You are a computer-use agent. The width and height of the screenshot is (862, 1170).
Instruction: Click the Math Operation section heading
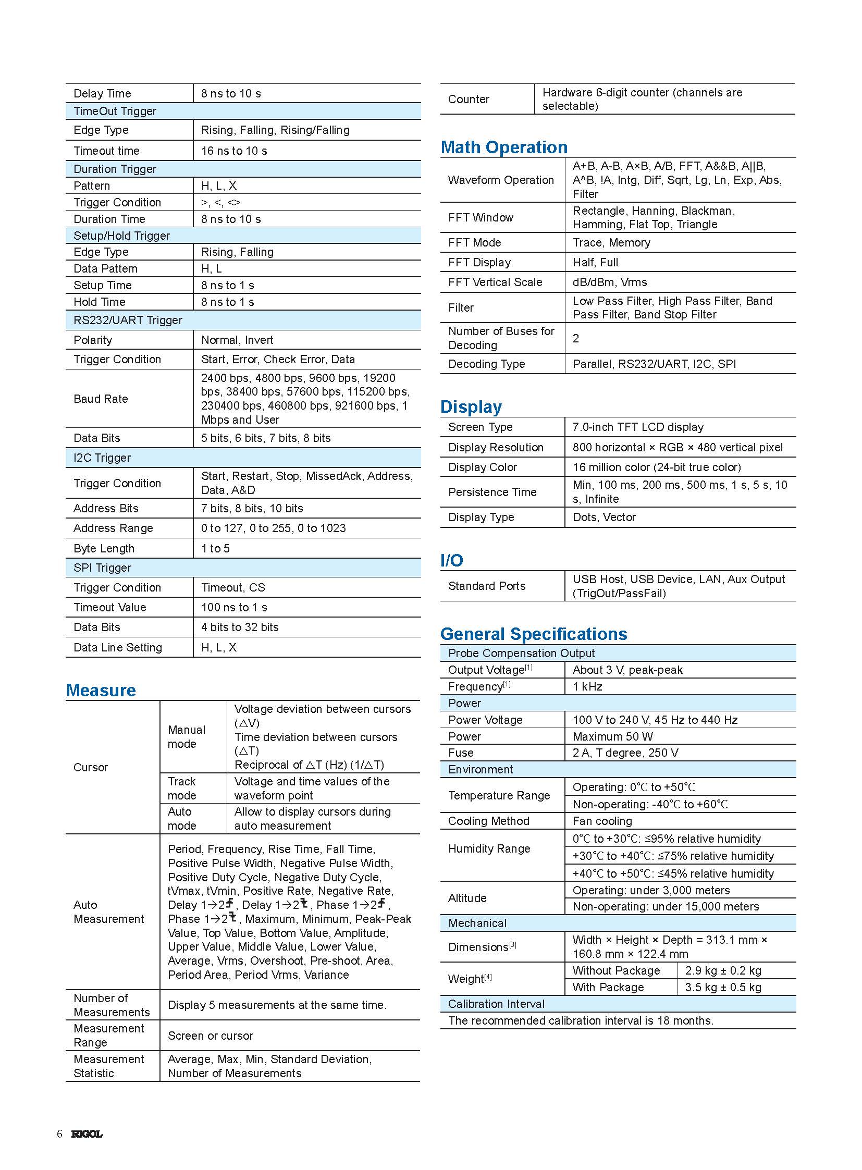click(x=504, y=147)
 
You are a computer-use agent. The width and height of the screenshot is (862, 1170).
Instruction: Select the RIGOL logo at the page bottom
click(x=87, y=1134)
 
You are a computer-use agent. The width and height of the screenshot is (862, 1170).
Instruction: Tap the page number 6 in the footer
click(x=59, y=1134)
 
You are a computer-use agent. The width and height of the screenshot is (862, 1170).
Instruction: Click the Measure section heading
click(x=101, y=690)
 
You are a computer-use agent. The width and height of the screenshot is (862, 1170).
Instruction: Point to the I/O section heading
click(x=451, y=560)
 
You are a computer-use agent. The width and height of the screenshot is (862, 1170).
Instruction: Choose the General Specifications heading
click(x=533, y=634)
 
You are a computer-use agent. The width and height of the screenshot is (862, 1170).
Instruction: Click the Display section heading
click(x=471, y=407)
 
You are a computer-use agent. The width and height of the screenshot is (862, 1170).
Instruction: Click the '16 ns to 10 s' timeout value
click(x=234, y=151)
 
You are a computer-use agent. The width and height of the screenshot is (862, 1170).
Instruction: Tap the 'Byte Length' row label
click(x=104, y=548)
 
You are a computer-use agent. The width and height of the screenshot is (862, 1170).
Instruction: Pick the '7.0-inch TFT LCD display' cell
click(x=637, y=427)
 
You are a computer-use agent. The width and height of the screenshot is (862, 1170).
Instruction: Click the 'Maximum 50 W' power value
click(x=612, y=736)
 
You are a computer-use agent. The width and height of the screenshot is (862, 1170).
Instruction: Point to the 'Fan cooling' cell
click(x=602, y=821)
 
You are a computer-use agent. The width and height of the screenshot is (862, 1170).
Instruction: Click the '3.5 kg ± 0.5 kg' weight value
click(x=723, y=988)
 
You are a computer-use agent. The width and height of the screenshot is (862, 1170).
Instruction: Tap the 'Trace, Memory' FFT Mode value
click(x=611, y=243)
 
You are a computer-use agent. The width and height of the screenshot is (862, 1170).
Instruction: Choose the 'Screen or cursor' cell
click(x=210, y=1036)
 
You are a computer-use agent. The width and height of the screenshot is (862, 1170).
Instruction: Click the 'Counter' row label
click(x=469, y=99)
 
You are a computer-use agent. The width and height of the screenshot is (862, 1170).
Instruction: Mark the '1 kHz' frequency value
click(x=587, y=686)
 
